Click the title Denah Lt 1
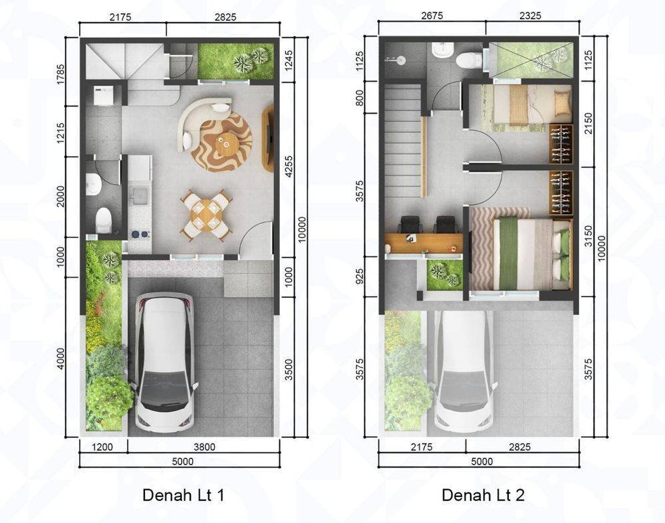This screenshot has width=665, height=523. [184, 495]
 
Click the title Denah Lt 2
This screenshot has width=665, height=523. [483, 495]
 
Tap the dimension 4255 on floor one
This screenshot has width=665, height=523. [289, 167]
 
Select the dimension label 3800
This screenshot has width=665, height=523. [204, 447]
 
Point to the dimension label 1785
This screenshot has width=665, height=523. [61, 74]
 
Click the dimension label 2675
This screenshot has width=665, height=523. [432, 16]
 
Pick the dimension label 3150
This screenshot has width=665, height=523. [588, 236]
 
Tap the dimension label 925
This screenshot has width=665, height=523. [360, 276]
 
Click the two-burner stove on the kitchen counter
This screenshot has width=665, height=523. [140, 234]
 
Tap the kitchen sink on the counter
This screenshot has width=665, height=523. [139, 195]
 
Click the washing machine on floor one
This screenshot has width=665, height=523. [103, 96]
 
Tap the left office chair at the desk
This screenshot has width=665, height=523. [410, 225]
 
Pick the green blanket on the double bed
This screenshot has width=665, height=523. [507, 253]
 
